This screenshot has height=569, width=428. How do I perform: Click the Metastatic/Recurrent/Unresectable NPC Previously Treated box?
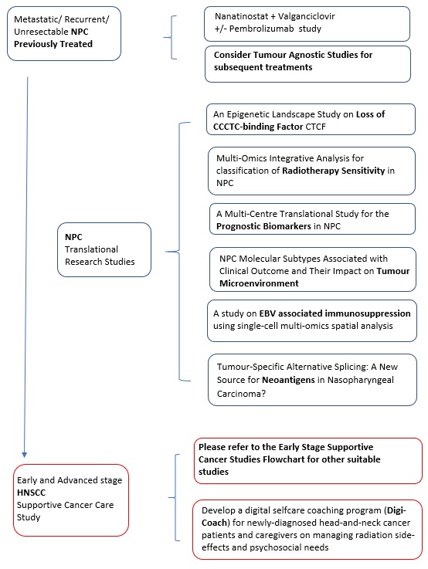coord(64,33)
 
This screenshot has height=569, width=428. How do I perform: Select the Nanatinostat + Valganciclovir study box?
coord(307,24)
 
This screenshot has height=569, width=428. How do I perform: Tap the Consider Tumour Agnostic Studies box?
coord(307,64)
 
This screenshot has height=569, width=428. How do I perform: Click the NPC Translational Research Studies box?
coord(104,249)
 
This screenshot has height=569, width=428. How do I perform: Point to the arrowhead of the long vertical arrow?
coord(24,455)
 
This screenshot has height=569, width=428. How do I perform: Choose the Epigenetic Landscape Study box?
coord(311,120)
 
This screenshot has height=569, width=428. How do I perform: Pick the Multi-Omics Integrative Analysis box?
coord(311,171)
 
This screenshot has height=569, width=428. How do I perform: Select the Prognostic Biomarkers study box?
coord(312,218)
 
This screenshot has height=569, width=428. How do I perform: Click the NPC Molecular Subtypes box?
coord(313,269)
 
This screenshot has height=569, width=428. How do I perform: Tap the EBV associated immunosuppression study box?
coord(312,321)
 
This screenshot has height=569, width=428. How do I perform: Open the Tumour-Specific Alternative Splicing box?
coord(312,380)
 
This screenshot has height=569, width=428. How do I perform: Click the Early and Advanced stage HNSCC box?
coord(71,500)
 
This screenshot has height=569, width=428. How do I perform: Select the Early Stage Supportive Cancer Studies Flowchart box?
coord(308,461)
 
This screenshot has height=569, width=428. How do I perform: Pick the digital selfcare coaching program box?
coord(307,530)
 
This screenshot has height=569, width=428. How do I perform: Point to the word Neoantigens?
coord(288,380)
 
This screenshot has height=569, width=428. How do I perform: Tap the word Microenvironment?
coord(259,283)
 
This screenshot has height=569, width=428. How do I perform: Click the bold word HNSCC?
coord(31,493)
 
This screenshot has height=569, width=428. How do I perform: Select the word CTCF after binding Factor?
coord(315,127)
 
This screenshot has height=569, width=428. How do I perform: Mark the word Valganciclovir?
coord(307,16)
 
